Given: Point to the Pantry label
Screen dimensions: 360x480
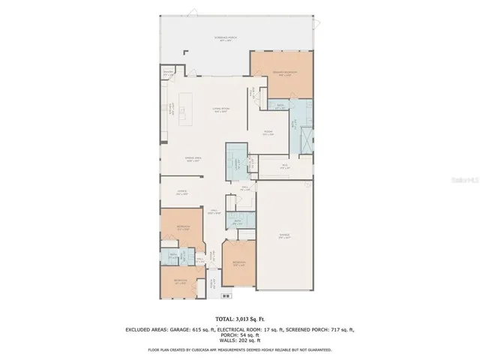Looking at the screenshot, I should tap(169, 73).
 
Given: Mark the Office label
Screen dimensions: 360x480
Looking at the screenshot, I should tap(182, 192).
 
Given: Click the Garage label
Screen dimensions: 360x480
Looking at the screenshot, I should tap(285, 236).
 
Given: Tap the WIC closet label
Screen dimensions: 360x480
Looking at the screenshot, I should tap(285, 166).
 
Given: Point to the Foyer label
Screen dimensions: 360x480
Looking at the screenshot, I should tap(213, 212).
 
